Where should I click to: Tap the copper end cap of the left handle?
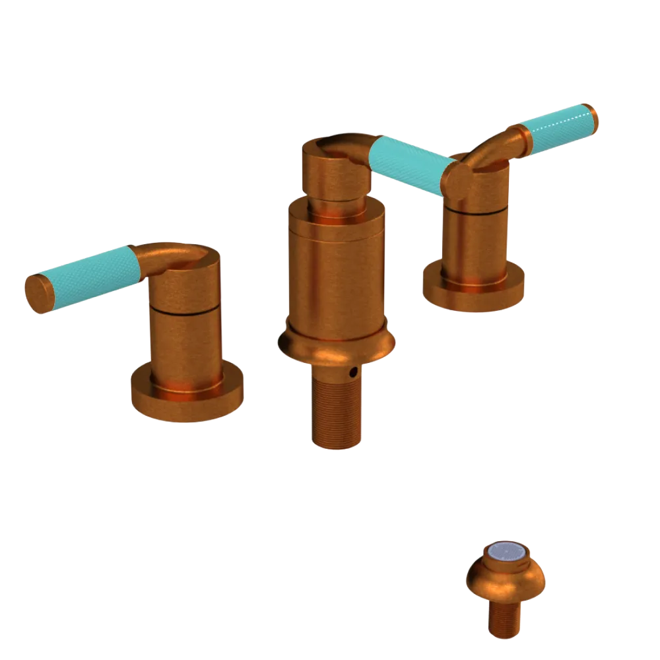(36, 292)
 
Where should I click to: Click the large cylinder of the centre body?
(337, 277)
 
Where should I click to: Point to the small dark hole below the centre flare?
(354, 373)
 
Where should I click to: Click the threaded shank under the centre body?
(337, 412)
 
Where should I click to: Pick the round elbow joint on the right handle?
(457, 178)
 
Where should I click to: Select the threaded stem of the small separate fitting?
(505, 620)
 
